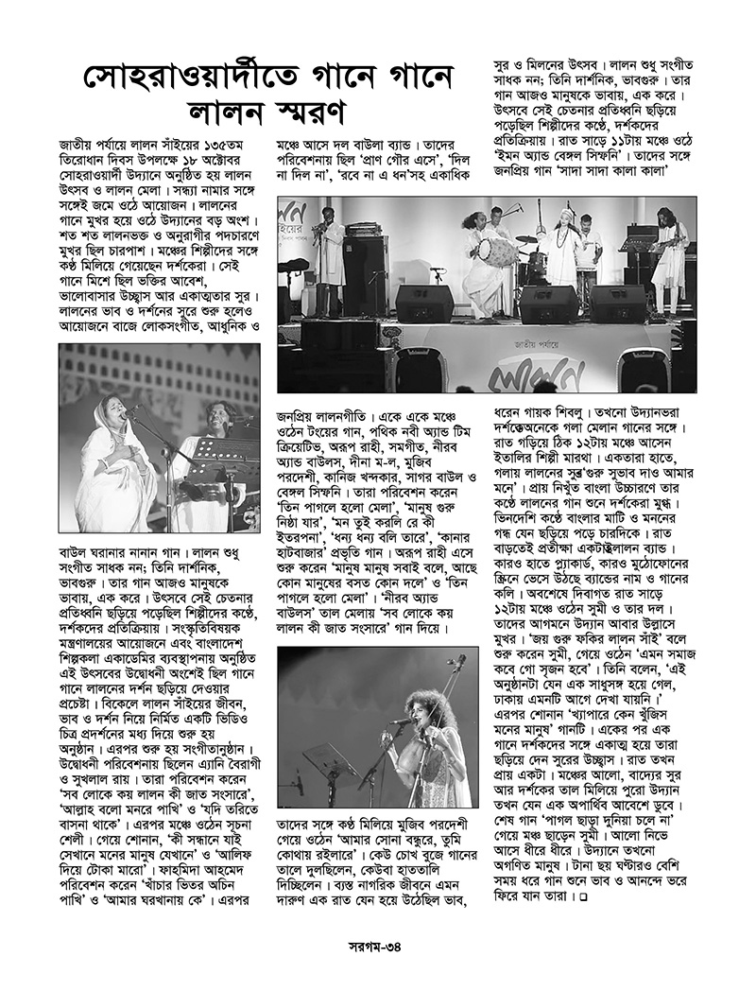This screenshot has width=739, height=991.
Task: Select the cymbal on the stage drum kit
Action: [x=525, y=239]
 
